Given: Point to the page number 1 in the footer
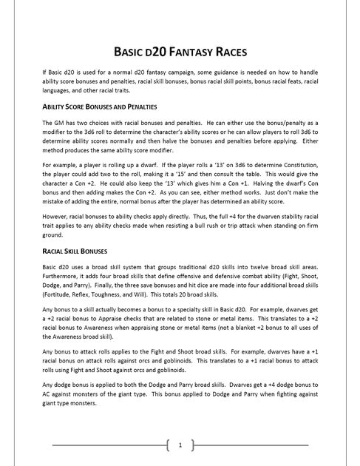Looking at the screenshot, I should (180, 445).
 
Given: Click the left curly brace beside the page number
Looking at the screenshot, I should (169, 445).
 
